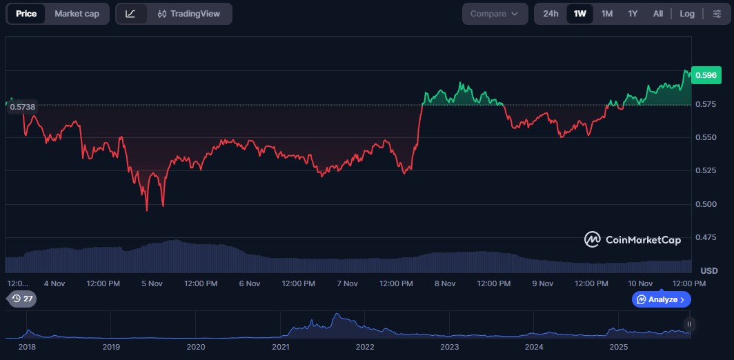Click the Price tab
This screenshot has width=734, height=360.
click(26, 14)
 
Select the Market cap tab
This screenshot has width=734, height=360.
click(77, 14)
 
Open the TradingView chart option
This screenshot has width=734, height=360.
click(188, 14)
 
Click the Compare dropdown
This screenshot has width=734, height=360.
click(495, 14)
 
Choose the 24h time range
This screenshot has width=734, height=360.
click(550, 14)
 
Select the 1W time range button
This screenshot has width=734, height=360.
click(580, 14)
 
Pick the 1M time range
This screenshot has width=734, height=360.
click(607, 14)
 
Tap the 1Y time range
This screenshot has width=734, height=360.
click(633, 14)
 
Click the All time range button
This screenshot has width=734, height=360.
click(658, 14)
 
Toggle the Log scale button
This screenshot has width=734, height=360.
click(687, 14)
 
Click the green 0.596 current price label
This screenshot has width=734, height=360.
click(706, 75)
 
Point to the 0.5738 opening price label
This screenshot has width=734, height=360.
click(22, 107)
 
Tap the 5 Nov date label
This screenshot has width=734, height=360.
click(151, 283)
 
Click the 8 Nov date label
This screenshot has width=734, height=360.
click(445, 283)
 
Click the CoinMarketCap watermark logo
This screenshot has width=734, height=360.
click(633, 239)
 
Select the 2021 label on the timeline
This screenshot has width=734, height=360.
click(280, 347)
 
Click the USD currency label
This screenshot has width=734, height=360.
click(709, 270)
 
